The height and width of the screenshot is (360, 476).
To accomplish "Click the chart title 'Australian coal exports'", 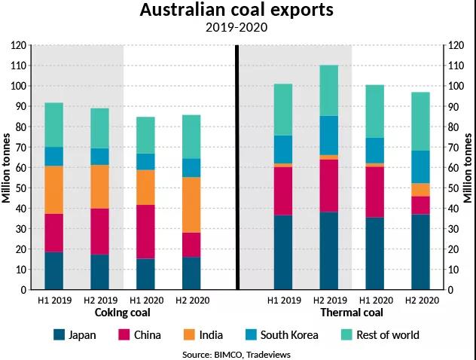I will point(237,11).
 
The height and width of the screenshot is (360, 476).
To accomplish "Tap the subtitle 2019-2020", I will point(237,28).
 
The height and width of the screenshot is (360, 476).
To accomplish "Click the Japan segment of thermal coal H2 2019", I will point(328,250).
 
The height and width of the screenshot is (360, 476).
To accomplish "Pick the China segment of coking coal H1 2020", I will point(146,231).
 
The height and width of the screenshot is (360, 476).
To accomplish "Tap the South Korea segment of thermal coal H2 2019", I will point(328,135).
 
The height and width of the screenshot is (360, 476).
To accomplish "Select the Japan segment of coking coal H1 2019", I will point(53,270).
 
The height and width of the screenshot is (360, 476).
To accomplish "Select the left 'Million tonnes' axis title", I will point(7,167).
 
